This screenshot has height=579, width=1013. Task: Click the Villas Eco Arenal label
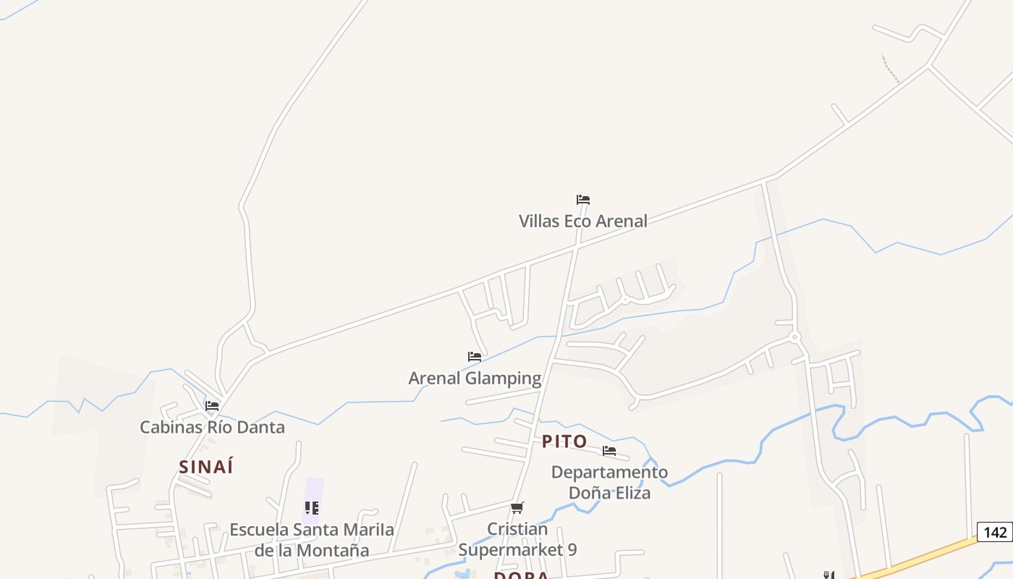(582, 221)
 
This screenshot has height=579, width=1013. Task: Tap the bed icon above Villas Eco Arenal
(583, 200)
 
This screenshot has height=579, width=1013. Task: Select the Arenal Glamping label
(475, 378)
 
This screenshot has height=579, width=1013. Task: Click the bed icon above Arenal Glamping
(475, 357)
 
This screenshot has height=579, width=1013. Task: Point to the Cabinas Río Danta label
(212, 427)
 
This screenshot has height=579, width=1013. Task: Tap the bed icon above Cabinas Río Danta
(212, 406)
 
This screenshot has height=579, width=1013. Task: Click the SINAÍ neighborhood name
(206, 467)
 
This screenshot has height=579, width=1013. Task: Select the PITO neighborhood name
(564, 441)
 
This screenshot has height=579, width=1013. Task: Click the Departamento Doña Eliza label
(609, 482)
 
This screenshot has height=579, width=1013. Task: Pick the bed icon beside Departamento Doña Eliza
(609, 451)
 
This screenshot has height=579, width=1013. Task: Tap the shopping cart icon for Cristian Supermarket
(517, 508)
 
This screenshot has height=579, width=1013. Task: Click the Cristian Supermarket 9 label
(517, 539)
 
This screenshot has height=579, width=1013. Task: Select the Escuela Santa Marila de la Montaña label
(312, 539)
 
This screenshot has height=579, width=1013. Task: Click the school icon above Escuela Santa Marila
(312, 508)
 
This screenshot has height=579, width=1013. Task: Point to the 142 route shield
(995, 533)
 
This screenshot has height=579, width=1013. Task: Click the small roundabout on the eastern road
(794, 337)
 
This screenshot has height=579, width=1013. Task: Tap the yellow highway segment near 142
(919, 557)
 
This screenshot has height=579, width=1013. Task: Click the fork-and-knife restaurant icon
(829, 575)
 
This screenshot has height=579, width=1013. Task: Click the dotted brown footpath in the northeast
(890, 69)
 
